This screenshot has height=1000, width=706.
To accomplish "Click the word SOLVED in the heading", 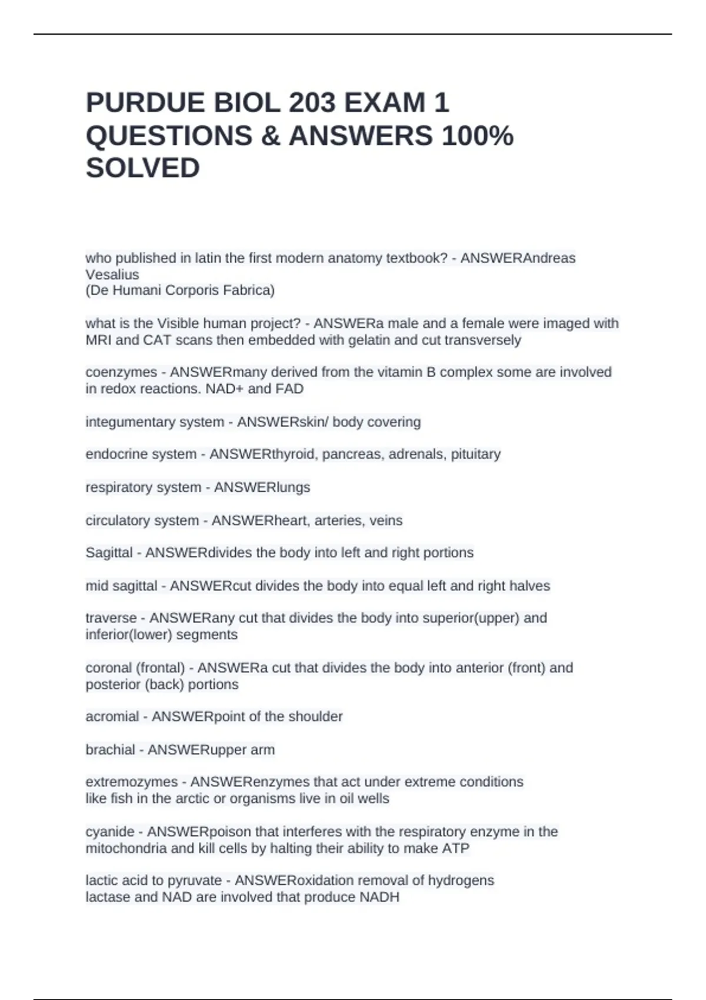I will tap(143, 168).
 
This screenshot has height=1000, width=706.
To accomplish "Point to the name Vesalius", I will tap(112, 275).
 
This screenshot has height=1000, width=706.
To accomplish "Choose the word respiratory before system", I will tap(115, 488).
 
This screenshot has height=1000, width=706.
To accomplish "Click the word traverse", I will tap(111, 618).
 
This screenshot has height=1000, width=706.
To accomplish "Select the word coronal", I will tap(108, 668).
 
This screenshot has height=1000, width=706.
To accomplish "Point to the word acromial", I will tap(112, 716).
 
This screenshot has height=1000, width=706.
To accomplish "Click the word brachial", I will tap(110, 750).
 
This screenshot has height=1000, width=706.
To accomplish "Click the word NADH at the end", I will tap(379, 897).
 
